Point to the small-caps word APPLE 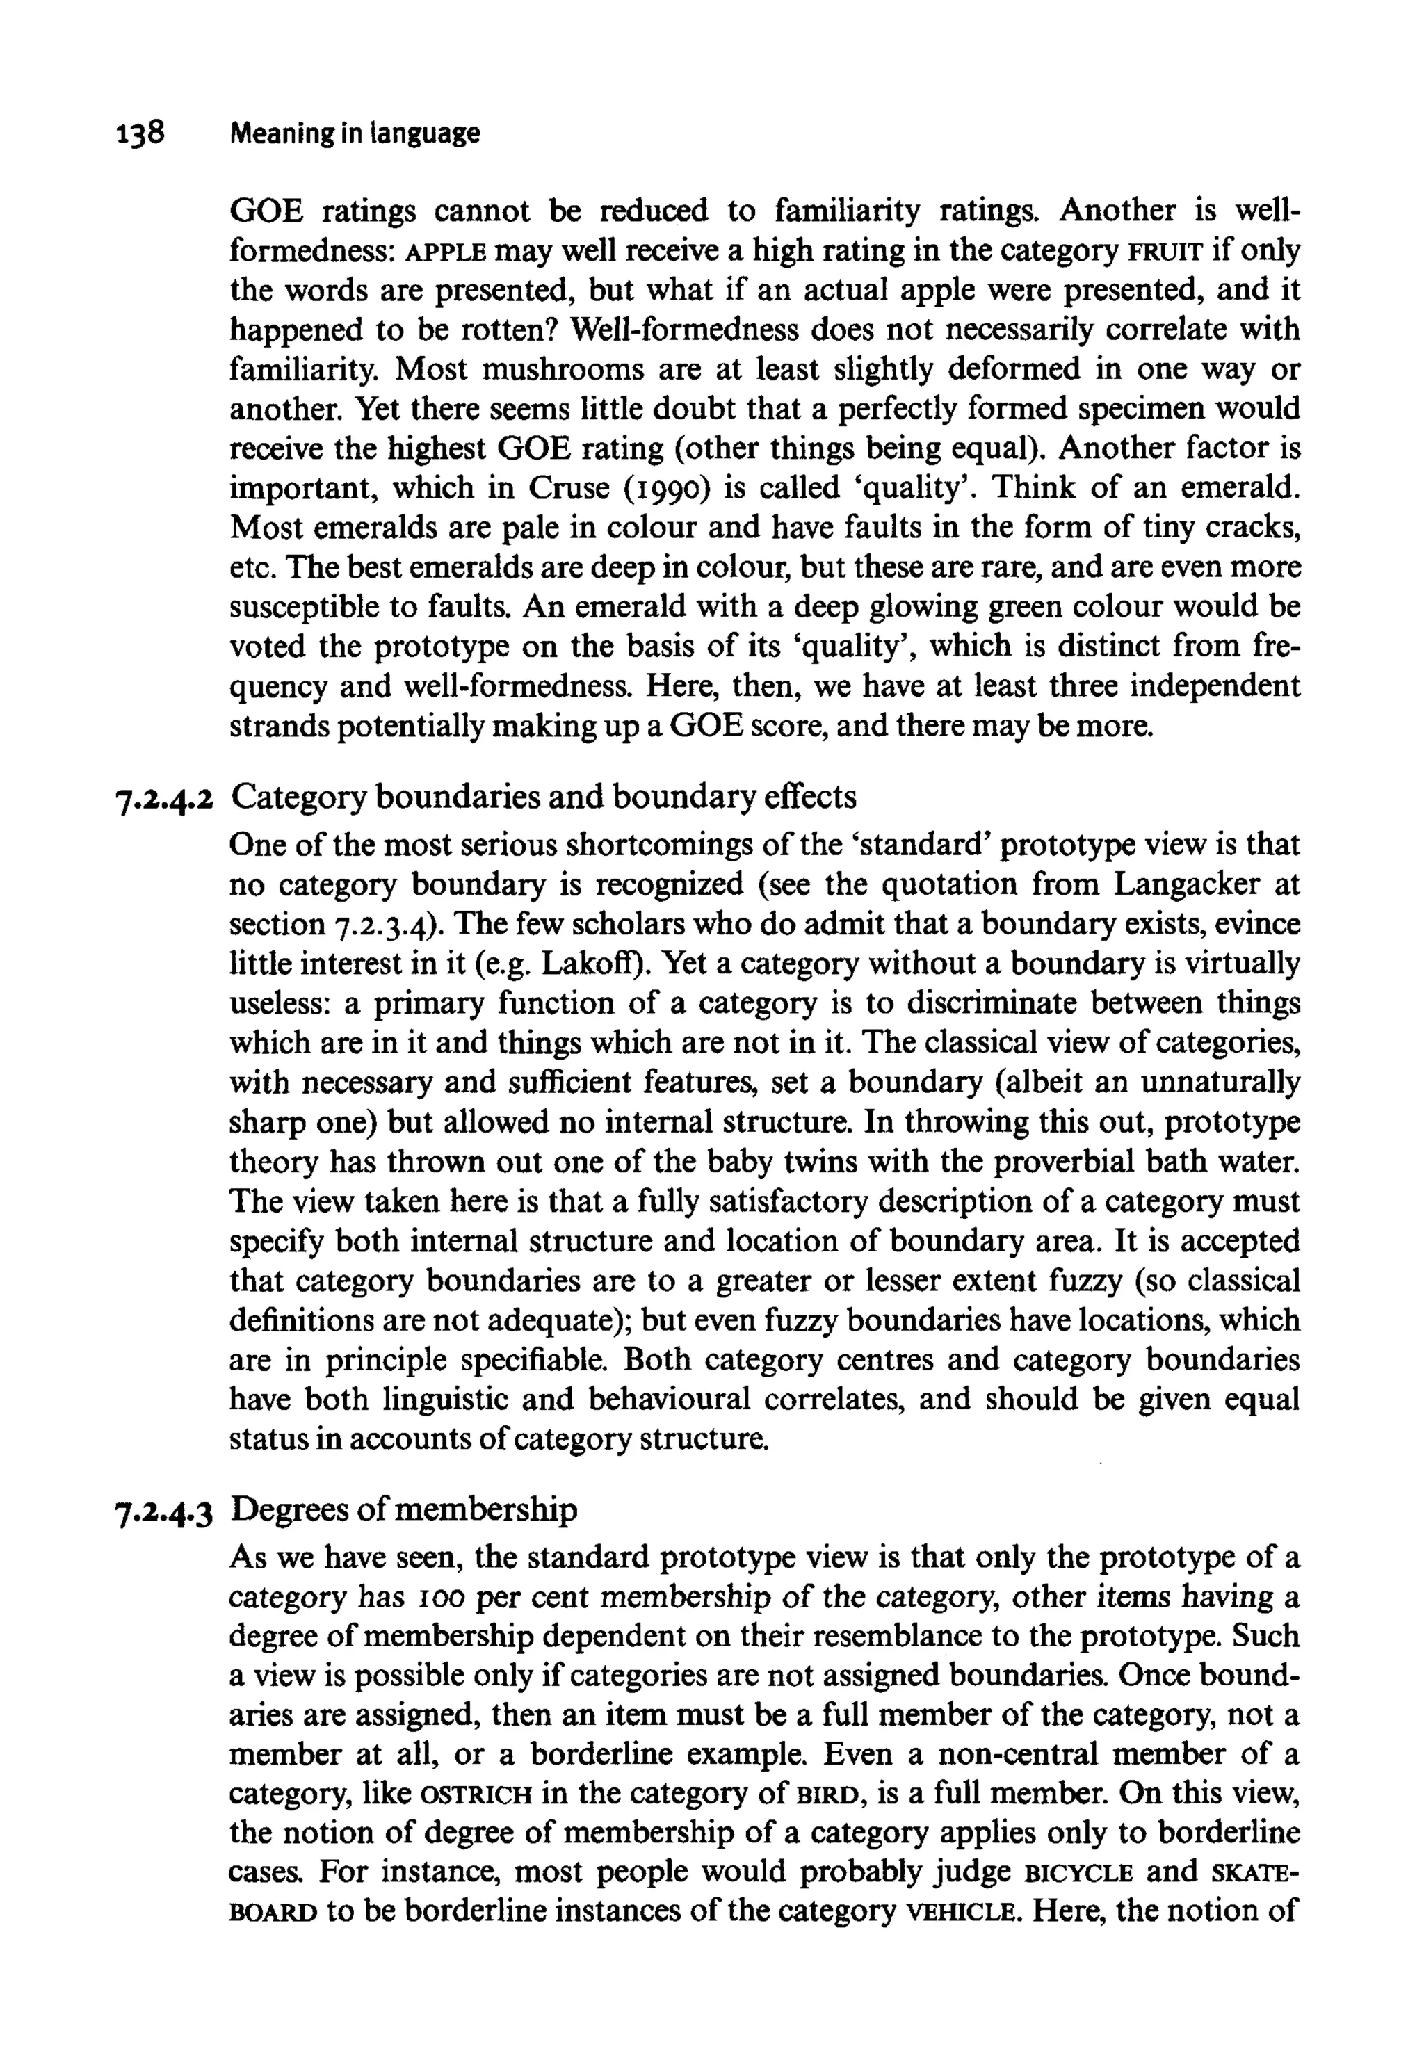[445, 252]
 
